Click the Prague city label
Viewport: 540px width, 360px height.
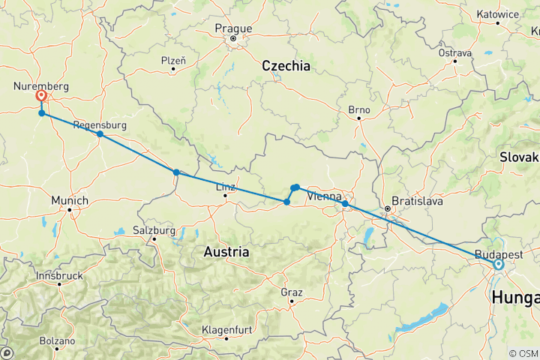click(x=232, y=28)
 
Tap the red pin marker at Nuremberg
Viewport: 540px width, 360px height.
click(x=41, y=96)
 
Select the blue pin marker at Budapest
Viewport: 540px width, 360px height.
click(x=498, y=263)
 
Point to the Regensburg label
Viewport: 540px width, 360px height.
click(x=99, y=124)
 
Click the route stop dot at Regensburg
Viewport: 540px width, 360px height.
click(x=100, y=134)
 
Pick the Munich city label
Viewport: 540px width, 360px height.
click(x=70, y=200)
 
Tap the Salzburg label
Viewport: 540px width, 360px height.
click(x=153, y=229)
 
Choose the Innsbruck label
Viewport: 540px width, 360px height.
click(x=58, y=276)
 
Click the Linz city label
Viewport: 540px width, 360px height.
click(x=226, y=187)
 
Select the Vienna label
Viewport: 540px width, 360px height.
click(x=325, y=196)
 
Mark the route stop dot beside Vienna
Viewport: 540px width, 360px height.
click(x=344, y=204)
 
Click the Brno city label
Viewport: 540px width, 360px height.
click(x=359, y=110)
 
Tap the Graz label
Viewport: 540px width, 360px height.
click(x=291, y=292)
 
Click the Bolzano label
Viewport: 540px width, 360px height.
click(x=58, y=340)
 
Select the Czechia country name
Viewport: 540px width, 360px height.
click(x=286, y=66)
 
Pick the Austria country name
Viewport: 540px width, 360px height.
click(x=226, y=253)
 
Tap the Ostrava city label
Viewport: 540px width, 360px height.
click(x=456, y=53)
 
